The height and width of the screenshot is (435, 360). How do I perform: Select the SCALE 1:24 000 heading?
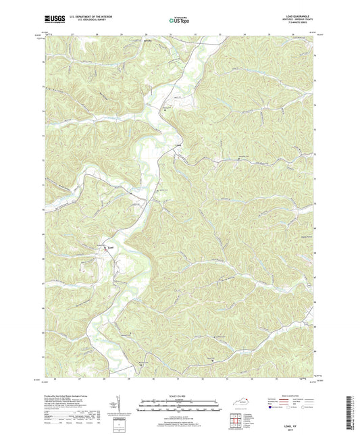[180, 396]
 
